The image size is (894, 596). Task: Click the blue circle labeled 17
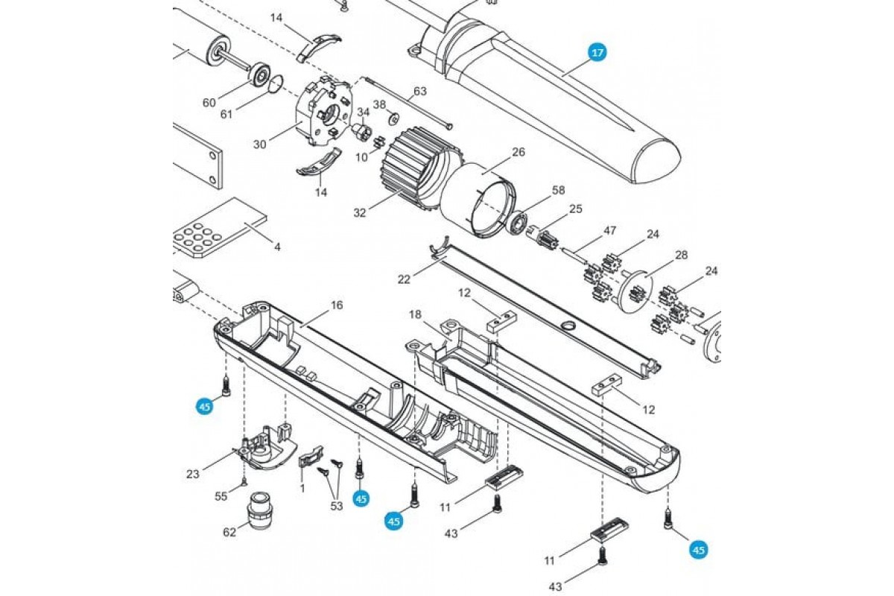pos(597,53)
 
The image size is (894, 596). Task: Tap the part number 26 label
pos(518,152)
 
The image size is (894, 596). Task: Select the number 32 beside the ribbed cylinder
pos(360,213)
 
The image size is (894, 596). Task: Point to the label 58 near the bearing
pos(558,191)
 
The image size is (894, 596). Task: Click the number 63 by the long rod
pos(420,92)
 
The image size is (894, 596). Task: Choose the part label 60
pos(209,103)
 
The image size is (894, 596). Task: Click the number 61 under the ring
pos(226,115)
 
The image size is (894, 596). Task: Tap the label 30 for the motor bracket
pos(260,144)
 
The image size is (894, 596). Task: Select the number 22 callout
pos(404,279)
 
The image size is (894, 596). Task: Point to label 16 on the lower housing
pos(337,305)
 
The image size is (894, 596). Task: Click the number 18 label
pos(415,314)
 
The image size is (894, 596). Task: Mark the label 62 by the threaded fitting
pos(229,532)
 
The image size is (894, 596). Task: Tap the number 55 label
pos(221,496)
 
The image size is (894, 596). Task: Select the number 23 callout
pos(193,475)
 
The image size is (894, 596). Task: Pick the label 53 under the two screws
pos(337,506)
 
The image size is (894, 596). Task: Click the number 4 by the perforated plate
pos(277,247)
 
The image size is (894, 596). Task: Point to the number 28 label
pos(681,255)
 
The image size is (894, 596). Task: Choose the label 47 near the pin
pos(609,231)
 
